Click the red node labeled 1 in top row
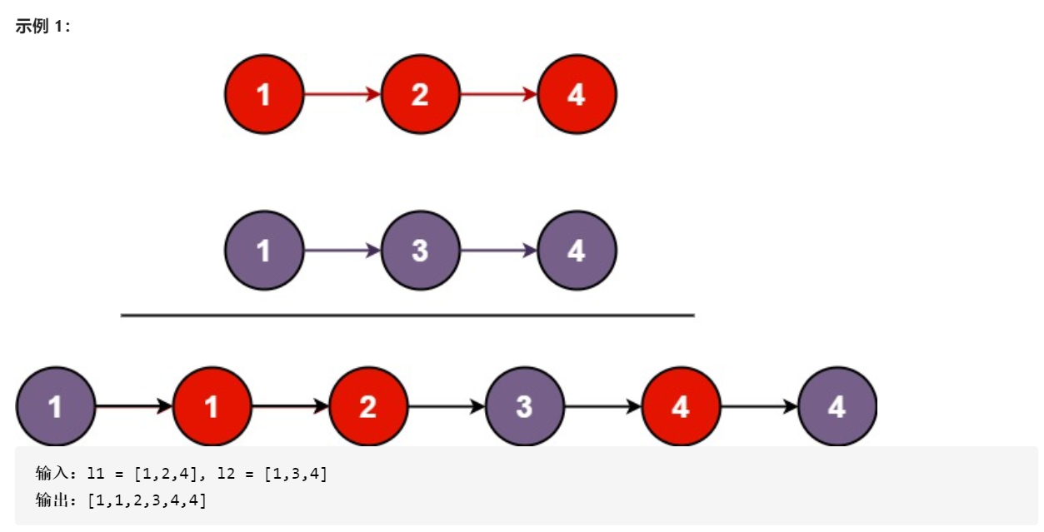pos(264,94)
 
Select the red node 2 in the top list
pos(420,94)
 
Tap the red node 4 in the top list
pos(577,94)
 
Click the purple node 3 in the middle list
pos(420,250)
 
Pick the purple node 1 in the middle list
pos(264,250)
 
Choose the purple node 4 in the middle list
pos(577,250)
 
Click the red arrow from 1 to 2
pos(342,94)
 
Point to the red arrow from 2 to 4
pos(498,94)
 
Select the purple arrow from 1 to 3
pos(342,250)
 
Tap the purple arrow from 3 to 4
pos(498,250)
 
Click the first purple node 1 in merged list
pos(55,406)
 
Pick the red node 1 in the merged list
pos(212,406)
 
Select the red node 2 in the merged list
pos(367,406)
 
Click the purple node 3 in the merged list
pos(524,406)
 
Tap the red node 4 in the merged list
pos(681,406)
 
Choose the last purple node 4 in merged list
pos(837,406)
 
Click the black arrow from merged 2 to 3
pos(446,406)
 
